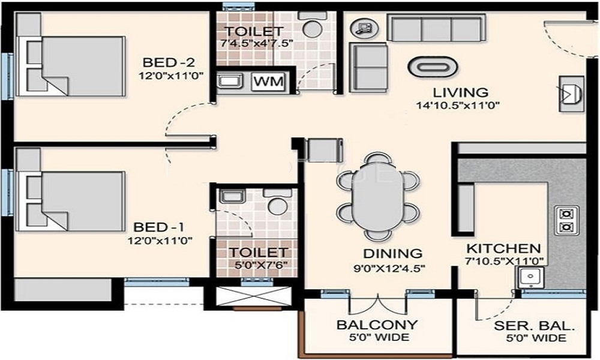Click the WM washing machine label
click(269, 82)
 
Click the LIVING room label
click(461, 93)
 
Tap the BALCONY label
click(377, 325)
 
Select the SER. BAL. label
click(535, 327)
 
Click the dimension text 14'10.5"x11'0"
click(458, 106)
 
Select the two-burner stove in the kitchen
click(566, 220)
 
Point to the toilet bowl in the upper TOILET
click(311, 28)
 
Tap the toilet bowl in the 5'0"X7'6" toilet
click(277, 205)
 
